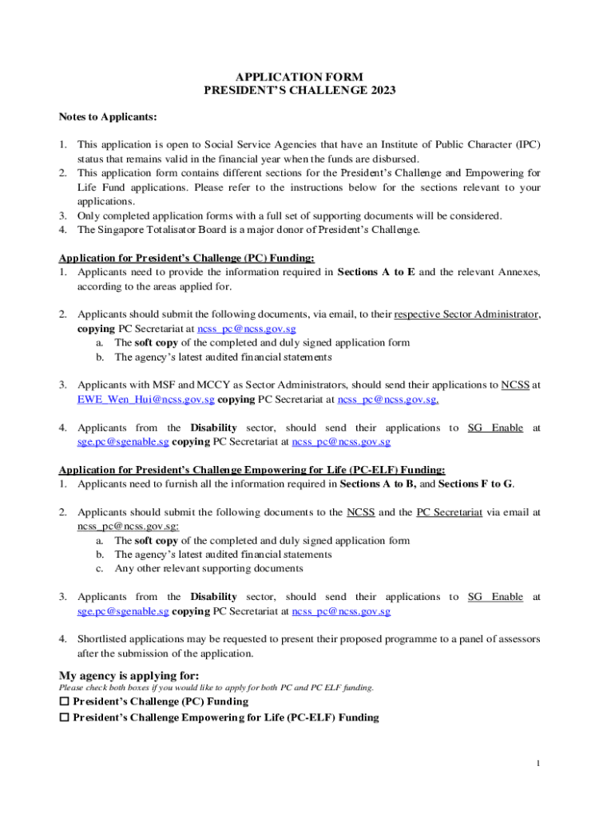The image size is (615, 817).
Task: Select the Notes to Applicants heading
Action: pos(108,117)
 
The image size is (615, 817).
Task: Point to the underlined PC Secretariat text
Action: pos(449,512)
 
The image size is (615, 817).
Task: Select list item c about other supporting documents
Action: pos(208,569)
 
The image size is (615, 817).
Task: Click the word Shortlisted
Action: pos(109,639)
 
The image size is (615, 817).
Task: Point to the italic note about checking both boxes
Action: pos(216,688)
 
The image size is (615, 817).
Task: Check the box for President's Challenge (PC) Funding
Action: pos(65,702)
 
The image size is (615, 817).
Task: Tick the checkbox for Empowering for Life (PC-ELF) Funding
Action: pos(65,718)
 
